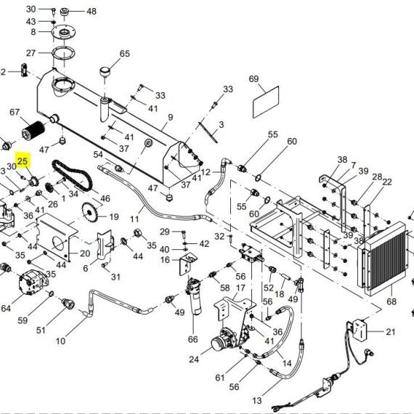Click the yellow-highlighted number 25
coord(23,161)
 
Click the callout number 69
coord(253,78)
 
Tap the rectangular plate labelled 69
coord(266,102)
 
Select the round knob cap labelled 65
coord(105,72)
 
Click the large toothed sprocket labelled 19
coord(90,212)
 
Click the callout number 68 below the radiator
coord(391,301)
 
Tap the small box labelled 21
coord(360,330)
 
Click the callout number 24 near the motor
coord(194,359)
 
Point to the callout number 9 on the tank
coord(170,117)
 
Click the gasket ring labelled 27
coord(63,54)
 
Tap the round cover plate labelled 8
coord(64,33)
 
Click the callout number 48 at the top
coord(92,12)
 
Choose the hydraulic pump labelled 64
coord(33,282)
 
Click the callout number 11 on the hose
coord(134,219)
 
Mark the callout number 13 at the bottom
coord(257,400)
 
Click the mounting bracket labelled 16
coord(188,264)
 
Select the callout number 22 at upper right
coord(387,182)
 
